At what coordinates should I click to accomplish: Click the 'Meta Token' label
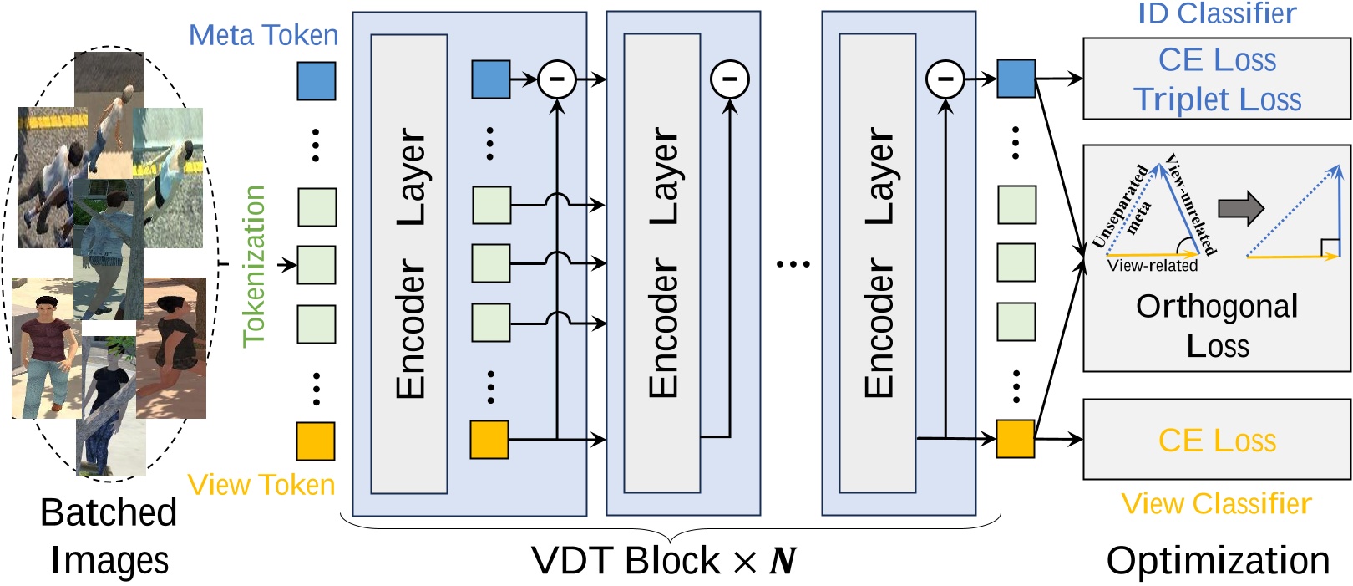point(263,35)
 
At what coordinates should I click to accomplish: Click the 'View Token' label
point(261,485)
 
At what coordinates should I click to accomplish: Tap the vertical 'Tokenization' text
point(253,266)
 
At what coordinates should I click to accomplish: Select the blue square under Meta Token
point(317,80)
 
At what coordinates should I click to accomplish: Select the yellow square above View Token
point(316,441)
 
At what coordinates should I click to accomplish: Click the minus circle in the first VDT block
point(557,79)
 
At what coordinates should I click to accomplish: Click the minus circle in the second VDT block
point(729,79)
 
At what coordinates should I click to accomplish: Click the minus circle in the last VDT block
point(945,79)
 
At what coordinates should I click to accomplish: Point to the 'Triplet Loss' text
point(1217,99)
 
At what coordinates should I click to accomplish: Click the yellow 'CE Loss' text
point(1217,440)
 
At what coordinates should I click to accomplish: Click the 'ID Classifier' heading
point(1216,13)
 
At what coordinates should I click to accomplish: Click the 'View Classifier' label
point(1216,503)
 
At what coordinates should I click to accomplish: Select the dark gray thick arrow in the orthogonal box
point(1241,208)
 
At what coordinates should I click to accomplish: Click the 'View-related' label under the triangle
point(1152,266)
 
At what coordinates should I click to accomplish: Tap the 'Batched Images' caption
point(109,536)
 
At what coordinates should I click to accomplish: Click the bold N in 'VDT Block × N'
point(782,561)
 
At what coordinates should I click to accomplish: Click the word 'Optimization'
point(1217,560)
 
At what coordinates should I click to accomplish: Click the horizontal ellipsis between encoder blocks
point(793,264)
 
